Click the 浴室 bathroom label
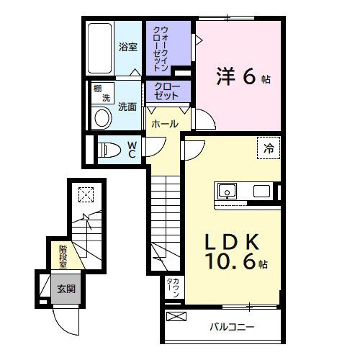pos(127,48)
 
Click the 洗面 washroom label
pos(127,106)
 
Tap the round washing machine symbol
pos(102,119)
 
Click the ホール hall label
pos(164,124)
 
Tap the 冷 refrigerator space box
pos(269,149)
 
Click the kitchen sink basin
pos(227,192)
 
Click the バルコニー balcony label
pos(232,328)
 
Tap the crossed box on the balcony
pos(176,316)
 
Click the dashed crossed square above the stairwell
pos(86,194)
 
